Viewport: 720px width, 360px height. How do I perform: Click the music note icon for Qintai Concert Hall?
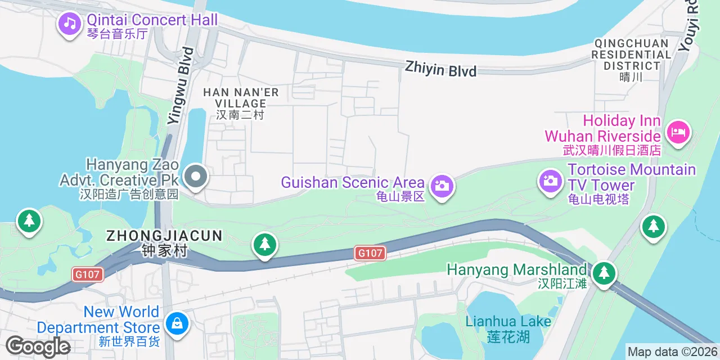(70, 23)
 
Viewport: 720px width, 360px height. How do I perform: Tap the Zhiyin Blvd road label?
(440, 70)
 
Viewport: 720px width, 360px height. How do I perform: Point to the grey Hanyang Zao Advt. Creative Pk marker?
(195, 177)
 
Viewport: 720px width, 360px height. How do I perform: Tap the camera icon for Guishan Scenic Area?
(442, 185)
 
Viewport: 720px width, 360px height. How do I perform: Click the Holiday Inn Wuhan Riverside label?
(602, 129)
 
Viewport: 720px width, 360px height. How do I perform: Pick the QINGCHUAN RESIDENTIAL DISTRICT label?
(631, 55)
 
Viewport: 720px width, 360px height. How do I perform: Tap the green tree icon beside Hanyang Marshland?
(604, 273)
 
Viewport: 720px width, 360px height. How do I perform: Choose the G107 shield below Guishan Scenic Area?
(371, 253)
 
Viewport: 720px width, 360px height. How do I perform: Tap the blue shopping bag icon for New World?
(177, 323)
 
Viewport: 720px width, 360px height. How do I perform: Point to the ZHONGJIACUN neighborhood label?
(165, 236)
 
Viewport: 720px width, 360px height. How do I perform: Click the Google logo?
(38, 346)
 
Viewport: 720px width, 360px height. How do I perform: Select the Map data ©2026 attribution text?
(672, 352)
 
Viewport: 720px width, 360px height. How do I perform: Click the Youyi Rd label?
(690, 25)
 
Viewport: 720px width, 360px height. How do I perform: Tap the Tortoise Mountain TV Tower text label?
(631, 177)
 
